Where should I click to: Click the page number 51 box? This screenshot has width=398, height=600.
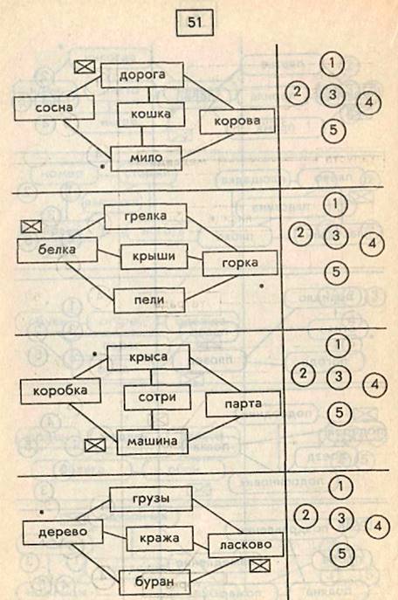point(195,22)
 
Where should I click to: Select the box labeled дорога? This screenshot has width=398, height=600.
point(142,75)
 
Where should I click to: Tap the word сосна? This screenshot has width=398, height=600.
point(54,108)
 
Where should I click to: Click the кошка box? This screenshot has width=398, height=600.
point(151,114)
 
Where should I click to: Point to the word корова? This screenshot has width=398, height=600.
point(237,121)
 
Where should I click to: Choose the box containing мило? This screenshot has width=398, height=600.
point(147,158)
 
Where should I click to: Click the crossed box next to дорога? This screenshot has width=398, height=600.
point(85,67)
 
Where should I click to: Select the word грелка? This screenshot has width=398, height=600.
point(146,217)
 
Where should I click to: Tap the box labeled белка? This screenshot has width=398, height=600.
point(57,250)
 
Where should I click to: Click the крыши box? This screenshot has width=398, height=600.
point(154,257)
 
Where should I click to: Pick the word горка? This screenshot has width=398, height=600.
point(240,263)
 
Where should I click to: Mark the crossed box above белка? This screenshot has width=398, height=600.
point(31,226)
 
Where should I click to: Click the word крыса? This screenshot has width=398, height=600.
point(148,357)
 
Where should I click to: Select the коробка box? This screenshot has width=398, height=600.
point(60,390)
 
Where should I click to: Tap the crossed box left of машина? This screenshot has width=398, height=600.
point(95,445)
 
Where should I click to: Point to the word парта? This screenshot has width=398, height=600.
point(244,404)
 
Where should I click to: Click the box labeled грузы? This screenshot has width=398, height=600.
point(151,499)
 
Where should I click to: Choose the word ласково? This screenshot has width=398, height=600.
point(246,545)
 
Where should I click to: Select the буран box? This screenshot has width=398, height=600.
point(154,583)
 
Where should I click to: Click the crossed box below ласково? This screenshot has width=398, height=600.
point(260,566)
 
